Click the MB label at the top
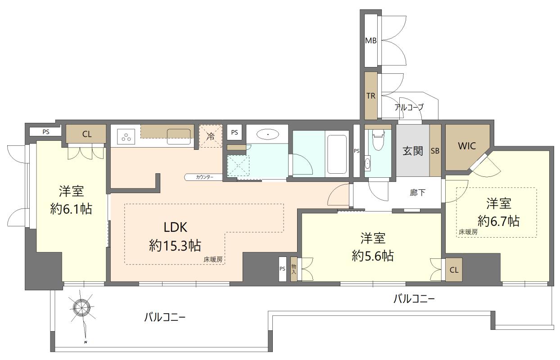point(370,40)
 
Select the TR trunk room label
point(370,95)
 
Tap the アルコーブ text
point(408,107)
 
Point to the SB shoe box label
point(435,151)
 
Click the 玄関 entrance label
point(412,151)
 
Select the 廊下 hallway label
point(417,193)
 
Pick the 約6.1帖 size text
point(72,209)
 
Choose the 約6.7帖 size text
point(498,220)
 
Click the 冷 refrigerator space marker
point(211,136)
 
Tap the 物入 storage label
point(294,270)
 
